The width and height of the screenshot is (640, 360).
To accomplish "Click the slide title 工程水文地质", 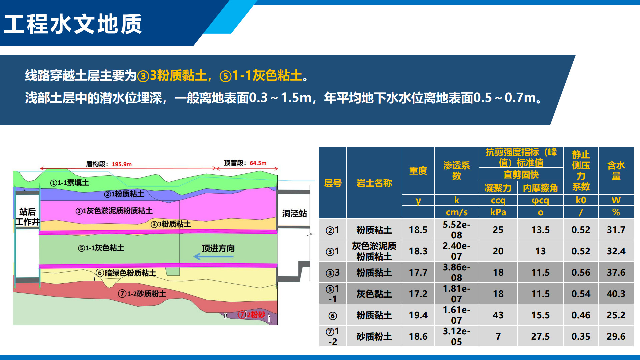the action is [73, 24].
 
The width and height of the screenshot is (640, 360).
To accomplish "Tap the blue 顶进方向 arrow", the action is [213, 257].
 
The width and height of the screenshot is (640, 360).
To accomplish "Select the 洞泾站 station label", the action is [294, 213].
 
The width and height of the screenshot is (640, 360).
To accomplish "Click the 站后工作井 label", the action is [27, 217].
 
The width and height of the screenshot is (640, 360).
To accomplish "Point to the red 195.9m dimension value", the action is [122, 164].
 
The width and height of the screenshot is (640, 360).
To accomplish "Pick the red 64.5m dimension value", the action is [258, 163].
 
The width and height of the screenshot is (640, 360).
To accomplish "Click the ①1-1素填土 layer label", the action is [69, 183].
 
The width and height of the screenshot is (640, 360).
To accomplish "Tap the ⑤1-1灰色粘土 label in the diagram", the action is [101, 248].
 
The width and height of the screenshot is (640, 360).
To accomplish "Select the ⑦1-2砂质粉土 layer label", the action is [142, 294].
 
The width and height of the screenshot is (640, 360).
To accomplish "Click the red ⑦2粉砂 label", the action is [252, 315].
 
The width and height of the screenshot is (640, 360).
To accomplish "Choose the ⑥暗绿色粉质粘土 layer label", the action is [126, 273].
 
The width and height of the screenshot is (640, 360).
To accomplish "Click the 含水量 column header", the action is [616, 171].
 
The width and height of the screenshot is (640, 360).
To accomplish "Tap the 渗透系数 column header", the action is [456, 171].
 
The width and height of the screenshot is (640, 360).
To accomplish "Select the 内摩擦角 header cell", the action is [540, 188].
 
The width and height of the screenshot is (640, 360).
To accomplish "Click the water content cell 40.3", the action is [616, 294].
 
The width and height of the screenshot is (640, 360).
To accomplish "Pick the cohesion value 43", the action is [498, 315].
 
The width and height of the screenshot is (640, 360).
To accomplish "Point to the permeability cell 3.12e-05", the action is [456, 336].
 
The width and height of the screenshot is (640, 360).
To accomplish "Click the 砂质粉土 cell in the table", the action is [374, 336].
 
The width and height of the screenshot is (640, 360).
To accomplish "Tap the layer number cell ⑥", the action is [333, 315].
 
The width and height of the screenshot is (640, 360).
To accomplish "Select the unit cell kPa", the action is [498, 212].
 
